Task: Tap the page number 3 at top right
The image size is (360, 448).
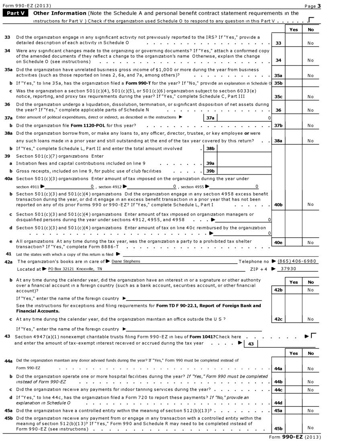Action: (319, 6)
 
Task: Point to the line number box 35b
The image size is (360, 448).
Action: (278, 83)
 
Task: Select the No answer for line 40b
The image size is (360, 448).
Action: (310, 205)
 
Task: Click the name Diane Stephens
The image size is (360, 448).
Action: (126, 261)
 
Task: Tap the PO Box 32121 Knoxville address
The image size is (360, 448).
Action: (72, 269)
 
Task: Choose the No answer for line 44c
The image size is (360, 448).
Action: (310, 390)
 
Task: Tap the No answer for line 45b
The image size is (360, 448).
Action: (310, 428)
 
